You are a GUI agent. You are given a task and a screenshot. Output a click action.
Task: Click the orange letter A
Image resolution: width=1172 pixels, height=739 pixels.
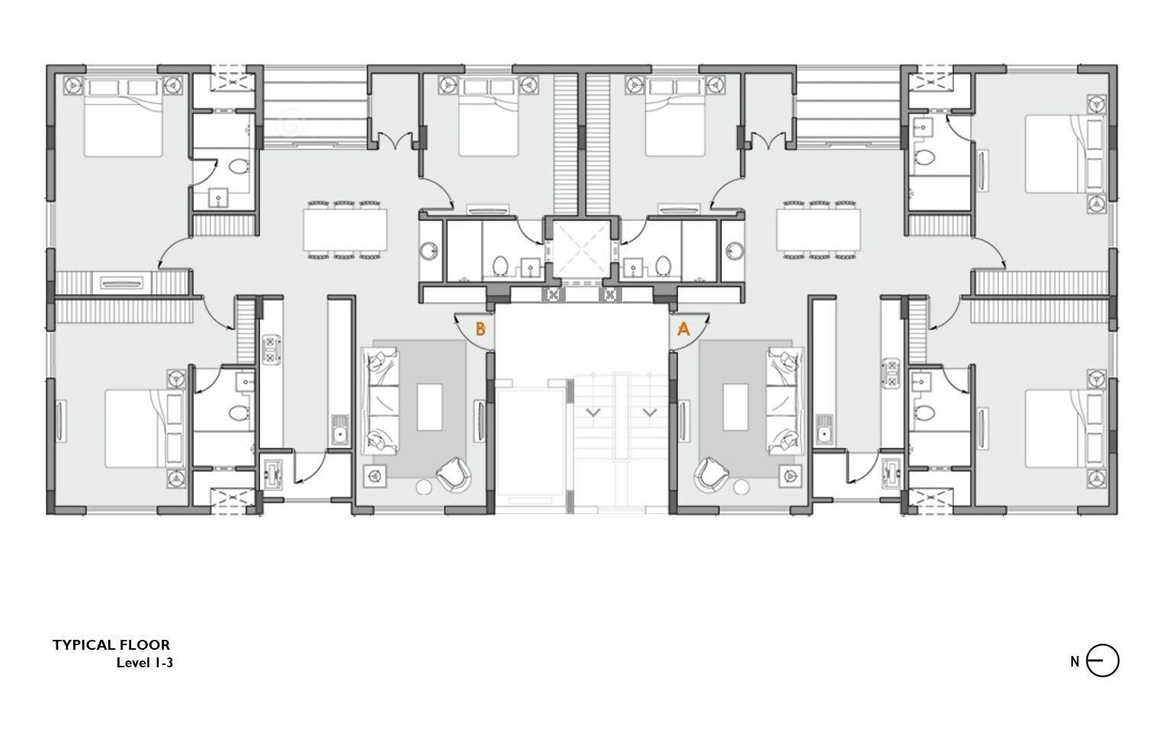coord(683,329)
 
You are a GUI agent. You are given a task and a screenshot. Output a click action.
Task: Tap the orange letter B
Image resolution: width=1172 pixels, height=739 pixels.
coord(480,329)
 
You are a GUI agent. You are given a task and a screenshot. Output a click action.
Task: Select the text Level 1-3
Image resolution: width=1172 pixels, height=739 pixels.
coord(144,663)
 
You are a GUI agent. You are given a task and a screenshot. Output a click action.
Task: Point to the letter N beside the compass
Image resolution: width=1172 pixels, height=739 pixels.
coord(1074,662)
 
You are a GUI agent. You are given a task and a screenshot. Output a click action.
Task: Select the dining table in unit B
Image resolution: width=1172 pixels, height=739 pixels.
coord(345,230)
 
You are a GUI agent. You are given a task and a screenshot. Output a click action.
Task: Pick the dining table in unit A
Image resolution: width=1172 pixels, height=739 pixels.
coord(819,230)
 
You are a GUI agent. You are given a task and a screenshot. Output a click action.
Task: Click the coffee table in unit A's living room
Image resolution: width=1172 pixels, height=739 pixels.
coord(735,406)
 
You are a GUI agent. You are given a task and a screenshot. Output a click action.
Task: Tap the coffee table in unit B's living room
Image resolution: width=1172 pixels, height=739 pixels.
coord(429,406)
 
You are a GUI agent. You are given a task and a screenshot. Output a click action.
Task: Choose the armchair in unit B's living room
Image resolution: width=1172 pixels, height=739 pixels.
coord(454,474)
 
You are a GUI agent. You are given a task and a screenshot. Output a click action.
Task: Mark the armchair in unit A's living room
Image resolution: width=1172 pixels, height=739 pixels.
coord(711,474)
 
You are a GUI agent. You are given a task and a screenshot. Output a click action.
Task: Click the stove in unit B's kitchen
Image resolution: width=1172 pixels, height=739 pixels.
coord(271,349)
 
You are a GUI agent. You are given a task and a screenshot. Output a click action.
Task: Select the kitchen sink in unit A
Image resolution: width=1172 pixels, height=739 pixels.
coord(824,429)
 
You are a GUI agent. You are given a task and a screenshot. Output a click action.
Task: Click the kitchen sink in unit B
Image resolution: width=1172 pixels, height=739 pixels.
coord(340,429)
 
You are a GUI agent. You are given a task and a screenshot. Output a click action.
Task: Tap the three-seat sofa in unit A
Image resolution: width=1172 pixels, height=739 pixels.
coord(785,400)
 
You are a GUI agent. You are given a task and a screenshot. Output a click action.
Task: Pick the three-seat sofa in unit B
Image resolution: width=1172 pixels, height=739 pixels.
coord(380,400)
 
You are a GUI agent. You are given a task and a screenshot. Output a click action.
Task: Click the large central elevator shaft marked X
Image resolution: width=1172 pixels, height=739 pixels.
coord(582,249)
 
